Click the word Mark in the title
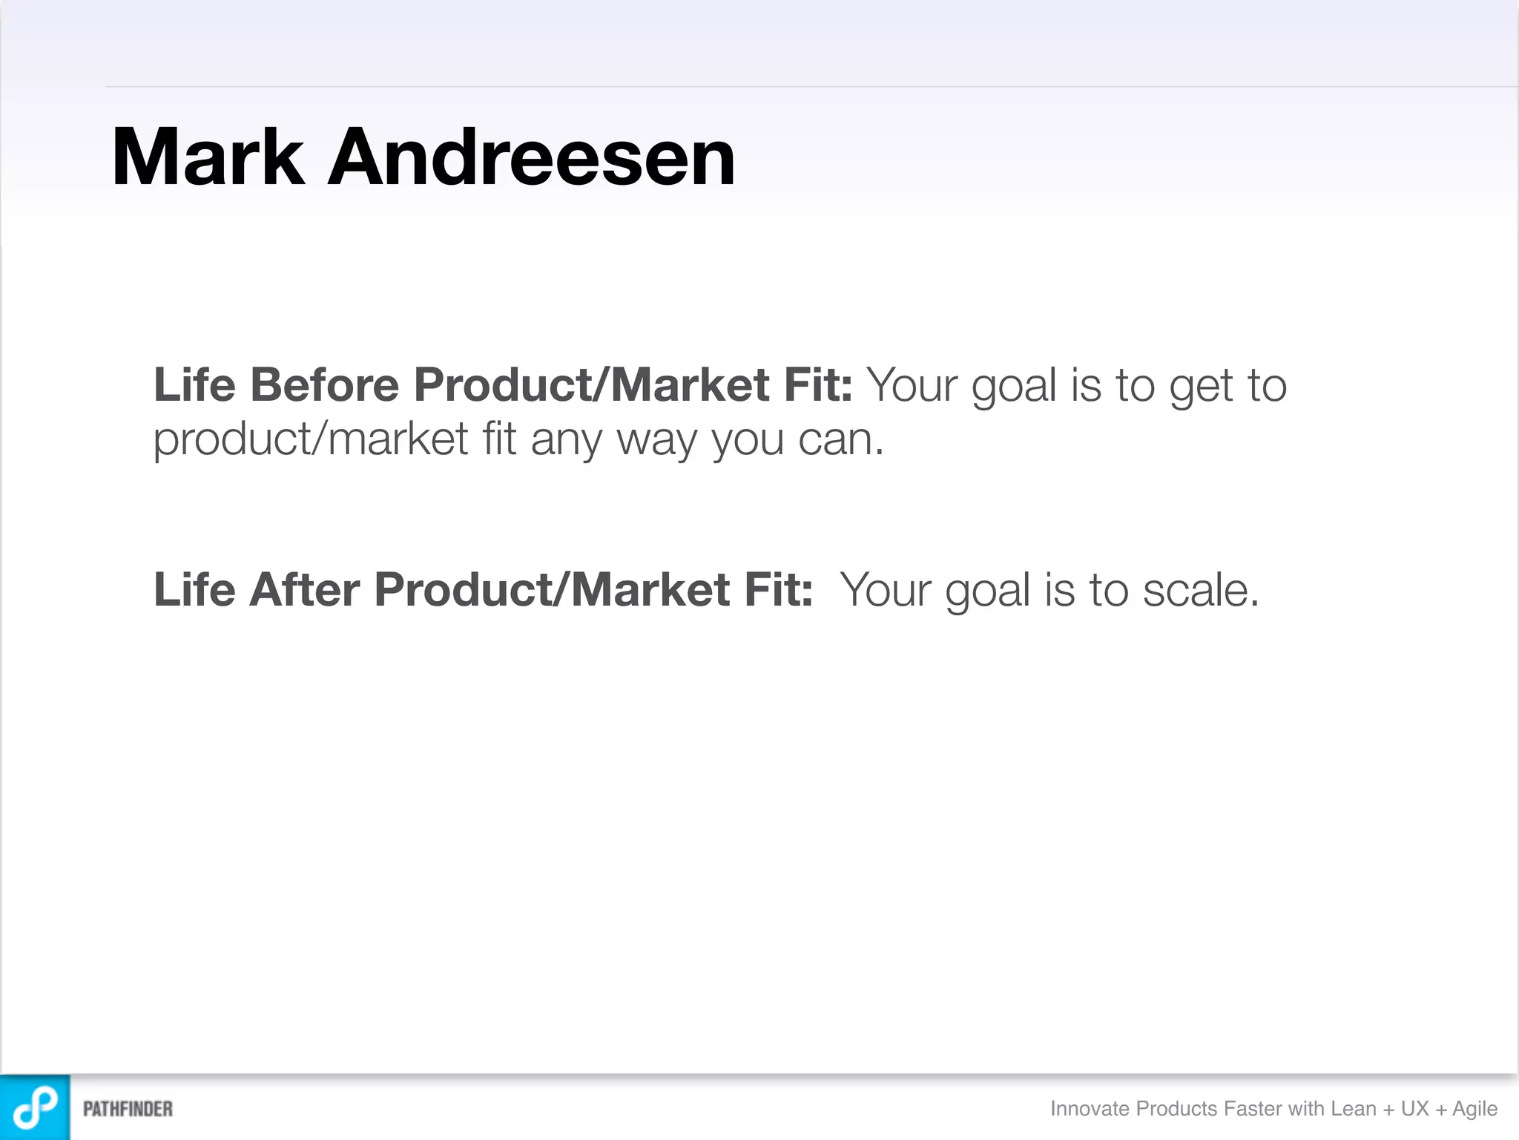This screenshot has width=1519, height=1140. [x=208, y=157]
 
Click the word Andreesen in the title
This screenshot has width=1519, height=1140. [x=531, y=157]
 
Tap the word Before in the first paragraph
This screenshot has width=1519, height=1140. [x=325, y=385]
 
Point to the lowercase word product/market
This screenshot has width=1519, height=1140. [x=310, y=439]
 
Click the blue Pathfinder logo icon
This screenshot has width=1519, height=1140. [x=35, y=1107]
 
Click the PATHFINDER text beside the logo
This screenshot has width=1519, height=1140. [x=128, y=1109]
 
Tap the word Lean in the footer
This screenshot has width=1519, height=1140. [x=1354, y=1109]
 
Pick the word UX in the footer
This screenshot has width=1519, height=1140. [x=1414, y=1109]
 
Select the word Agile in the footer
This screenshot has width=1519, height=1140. [x=1474, y=1109]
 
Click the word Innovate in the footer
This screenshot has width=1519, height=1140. [x=1090, y=1109]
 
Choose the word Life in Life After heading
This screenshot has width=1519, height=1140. [x=194, y=590]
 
